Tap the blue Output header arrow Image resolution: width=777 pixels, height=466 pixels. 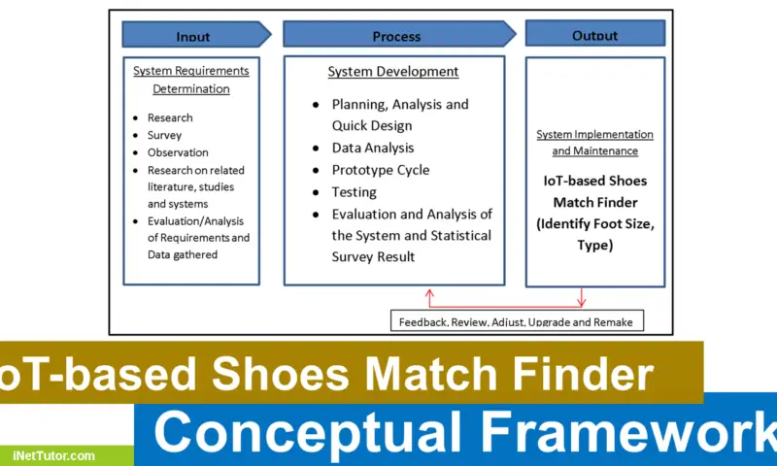[x=594, y=34]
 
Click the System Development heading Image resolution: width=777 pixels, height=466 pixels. [x=392, y=72]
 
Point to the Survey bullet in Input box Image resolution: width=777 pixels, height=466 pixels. [x=164, y=135]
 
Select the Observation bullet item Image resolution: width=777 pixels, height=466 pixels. [x=177, y=152]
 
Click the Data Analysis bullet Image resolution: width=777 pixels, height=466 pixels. [x=373, y=148]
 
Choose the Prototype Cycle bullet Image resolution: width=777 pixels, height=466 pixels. [x=380, y=170]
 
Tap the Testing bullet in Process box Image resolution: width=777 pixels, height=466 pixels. [x=354, y=192]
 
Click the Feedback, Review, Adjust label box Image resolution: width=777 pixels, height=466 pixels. [x=518, y=320]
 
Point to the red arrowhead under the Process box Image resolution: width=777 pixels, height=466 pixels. [x=428, y=292]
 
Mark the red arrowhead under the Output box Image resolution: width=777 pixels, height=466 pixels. [x=581, y=300]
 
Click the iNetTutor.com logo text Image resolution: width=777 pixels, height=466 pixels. [x=54, y=454]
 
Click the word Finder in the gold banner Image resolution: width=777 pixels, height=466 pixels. [x=583, y=372]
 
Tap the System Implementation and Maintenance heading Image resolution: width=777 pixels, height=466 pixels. [x=594, y=143]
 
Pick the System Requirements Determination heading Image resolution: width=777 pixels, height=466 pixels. [x=191, y=80]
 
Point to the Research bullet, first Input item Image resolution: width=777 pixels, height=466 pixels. [x=170, y=117]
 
